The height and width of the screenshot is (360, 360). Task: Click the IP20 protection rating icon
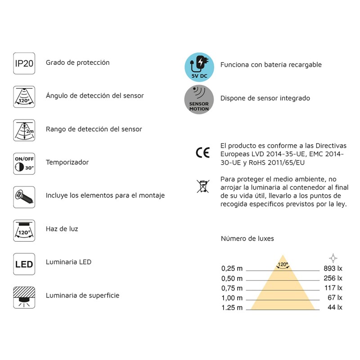point(24,63)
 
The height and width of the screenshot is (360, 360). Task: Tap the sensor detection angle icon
point(24,96)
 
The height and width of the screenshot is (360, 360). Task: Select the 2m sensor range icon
point(24,130)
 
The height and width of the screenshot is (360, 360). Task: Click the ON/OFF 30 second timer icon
point(24,162)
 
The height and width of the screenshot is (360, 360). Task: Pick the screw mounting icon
point(24,196)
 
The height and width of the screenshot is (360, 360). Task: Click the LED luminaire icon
point(24,263)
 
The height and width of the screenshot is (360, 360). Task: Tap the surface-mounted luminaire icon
point(24,296)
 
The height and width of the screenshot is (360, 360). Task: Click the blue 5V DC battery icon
point(199,67)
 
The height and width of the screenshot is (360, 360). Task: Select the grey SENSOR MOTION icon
point(199,99)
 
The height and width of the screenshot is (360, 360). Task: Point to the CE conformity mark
point(202,153)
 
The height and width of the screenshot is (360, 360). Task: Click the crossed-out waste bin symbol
point(202,186)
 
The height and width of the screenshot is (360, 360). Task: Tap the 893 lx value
point(333,268)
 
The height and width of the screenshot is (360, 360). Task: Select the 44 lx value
point(335,308)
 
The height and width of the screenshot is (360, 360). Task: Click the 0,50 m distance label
point(232,279)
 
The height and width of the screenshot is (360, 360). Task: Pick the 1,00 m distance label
point(232,298)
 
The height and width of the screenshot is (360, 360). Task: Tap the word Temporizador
point(67,162)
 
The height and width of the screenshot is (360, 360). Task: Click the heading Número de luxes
point(247,238)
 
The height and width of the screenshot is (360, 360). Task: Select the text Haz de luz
point(62,229)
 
